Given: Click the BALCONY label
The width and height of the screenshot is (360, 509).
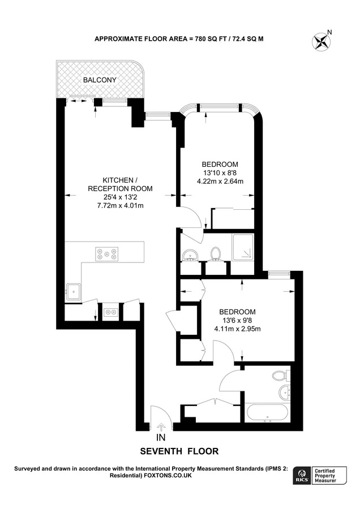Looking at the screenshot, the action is [x=100, y=80].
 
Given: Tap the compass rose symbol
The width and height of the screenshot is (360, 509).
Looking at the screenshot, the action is [x=322, y=41].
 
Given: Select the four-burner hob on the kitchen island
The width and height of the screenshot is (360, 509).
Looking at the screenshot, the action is [x=106, y=253].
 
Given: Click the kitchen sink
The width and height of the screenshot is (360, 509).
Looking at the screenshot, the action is [x=74, y=291].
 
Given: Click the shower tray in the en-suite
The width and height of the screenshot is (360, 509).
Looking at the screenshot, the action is [x=242, y=247].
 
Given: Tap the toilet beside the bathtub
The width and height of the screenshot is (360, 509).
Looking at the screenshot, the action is [x=279, y=376].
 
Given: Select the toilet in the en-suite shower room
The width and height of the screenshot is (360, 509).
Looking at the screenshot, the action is [x=215, y=254].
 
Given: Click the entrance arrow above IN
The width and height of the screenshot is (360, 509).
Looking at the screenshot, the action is [x=161, y=426].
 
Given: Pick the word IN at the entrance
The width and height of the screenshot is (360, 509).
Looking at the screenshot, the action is [x=161, y=438].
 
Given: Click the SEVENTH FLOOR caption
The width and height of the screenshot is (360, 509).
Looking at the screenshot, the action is [x=179, y=451].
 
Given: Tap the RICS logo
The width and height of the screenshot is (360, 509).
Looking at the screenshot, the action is [x=301, y=476].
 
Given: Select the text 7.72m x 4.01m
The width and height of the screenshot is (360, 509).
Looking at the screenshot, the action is [x=121, y=205].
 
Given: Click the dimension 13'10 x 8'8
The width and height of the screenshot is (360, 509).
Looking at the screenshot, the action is [x=220, y=173].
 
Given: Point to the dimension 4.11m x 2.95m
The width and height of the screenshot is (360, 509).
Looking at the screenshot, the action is [x=238, y=329].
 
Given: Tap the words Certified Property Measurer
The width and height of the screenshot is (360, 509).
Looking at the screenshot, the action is [x=325, y=476].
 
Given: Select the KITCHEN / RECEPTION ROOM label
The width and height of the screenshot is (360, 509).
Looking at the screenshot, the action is [x=120, y=184].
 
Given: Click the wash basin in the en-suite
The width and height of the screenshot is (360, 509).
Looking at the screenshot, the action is [x=189, y=255].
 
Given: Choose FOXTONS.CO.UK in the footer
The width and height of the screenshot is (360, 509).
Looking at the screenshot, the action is [x=168, y=476].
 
